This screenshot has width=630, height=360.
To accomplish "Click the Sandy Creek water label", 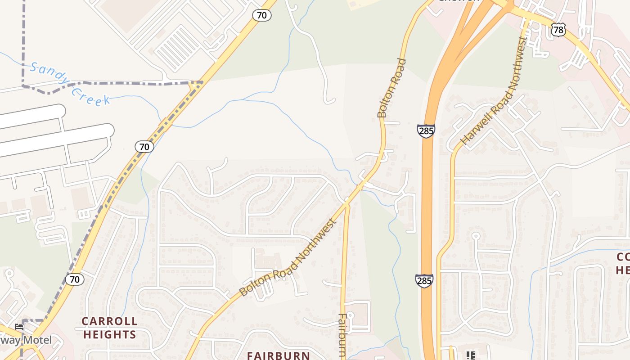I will [x=70, y=84].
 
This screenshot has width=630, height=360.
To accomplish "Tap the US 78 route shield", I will [x=558, y=30].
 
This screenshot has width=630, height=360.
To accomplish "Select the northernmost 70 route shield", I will [x=261, y=15].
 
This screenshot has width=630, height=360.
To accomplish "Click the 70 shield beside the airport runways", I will [x=144, y=146].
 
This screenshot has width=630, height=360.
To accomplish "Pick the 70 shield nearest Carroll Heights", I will [x=75, y=279].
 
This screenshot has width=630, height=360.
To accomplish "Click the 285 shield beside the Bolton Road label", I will [x=426, y=131].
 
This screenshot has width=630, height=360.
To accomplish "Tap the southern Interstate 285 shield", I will [x=424, y=280].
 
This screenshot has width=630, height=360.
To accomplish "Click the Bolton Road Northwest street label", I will [x=288, y=257].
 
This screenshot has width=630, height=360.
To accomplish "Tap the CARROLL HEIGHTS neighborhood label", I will [x=109, y=328].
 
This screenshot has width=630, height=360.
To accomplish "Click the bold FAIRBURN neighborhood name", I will [x=278, y=355].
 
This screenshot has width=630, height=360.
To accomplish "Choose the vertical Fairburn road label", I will [x=342, y=335].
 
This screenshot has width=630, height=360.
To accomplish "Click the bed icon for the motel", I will [x=18, y=326].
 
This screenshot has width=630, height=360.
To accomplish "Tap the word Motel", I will [x=37, y=340].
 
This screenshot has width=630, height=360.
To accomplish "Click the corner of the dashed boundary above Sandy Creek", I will [x=23, y=85].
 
